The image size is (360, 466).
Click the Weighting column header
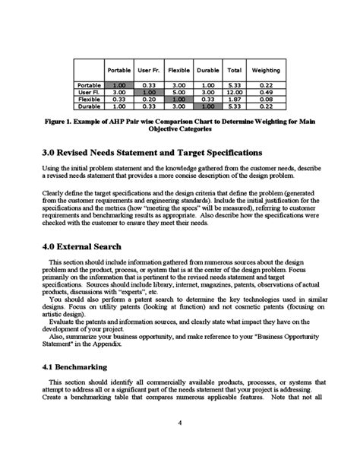265,71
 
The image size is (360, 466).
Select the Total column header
235,71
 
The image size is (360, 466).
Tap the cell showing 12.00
235,92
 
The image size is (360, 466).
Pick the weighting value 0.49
265,92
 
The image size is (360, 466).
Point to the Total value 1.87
235,99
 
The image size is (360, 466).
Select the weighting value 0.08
265,99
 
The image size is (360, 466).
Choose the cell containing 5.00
178,92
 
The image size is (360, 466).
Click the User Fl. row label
90,92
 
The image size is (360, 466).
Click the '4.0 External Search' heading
87,247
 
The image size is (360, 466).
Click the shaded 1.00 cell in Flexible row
178,99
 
